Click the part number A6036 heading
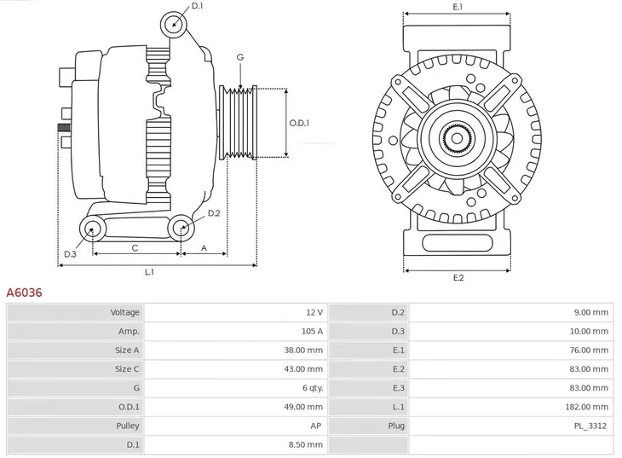tap(24, 293)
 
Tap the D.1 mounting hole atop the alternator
tap(175, 23)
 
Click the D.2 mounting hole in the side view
tap(179, 227)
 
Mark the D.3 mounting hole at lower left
tap(91, 228)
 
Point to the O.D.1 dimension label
tap(298, 123)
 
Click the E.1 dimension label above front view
tap(458, 7)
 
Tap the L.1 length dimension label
tap(149, 272)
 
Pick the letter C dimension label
tap(135, 247)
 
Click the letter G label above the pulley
tap(240, 57)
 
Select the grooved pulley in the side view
tap(239, 123)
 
